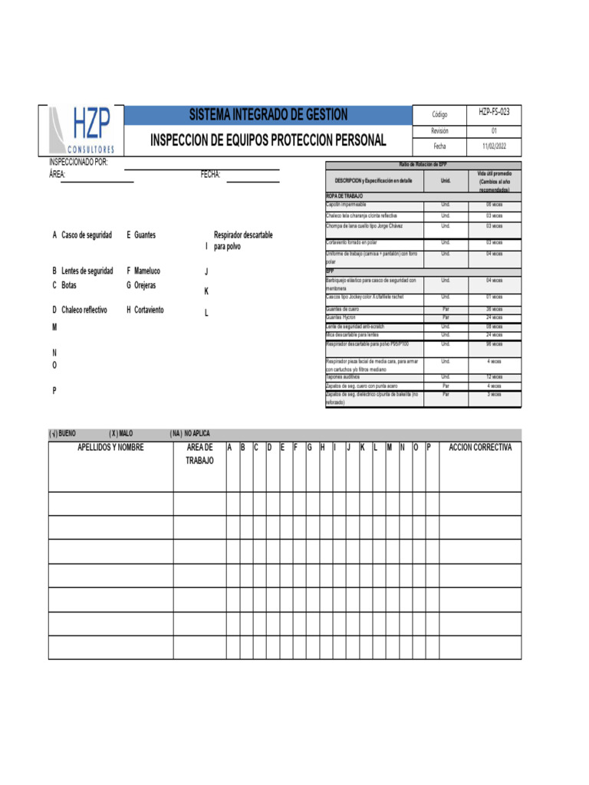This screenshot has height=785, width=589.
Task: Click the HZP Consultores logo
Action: tap(81, 130)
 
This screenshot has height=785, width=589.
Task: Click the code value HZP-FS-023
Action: tap(494, 112)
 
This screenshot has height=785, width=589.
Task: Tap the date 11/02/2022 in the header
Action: tap(494, 146)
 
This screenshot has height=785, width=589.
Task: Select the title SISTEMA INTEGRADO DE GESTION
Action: tap(268, 115)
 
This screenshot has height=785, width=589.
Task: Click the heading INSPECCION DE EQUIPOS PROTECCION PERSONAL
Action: tap(268, 141)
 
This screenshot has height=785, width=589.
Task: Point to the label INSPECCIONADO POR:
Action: tap(78, 163)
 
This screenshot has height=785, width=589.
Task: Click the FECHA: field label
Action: tap(211, 175)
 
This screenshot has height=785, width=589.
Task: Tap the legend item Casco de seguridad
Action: tap(87, 235)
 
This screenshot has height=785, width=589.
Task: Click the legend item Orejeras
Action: tap(145, 285)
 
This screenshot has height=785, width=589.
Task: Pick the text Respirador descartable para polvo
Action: tap(242, 241)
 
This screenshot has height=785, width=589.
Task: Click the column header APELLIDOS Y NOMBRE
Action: tap(110, 448)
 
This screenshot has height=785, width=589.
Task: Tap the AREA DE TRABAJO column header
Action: tap(199, 454)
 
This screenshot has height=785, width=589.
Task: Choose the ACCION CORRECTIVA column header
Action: tap(480, 448)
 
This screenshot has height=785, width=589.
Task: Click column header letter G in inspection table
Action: tap(309, 448)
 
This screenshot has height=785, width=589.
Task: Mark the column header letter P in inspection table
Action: tap(429, 448)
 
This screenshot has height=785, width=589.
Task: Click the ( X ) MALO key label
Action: tap(120, 434)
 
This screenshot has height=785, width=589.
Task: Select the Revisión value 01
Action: tap(494, 131)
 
